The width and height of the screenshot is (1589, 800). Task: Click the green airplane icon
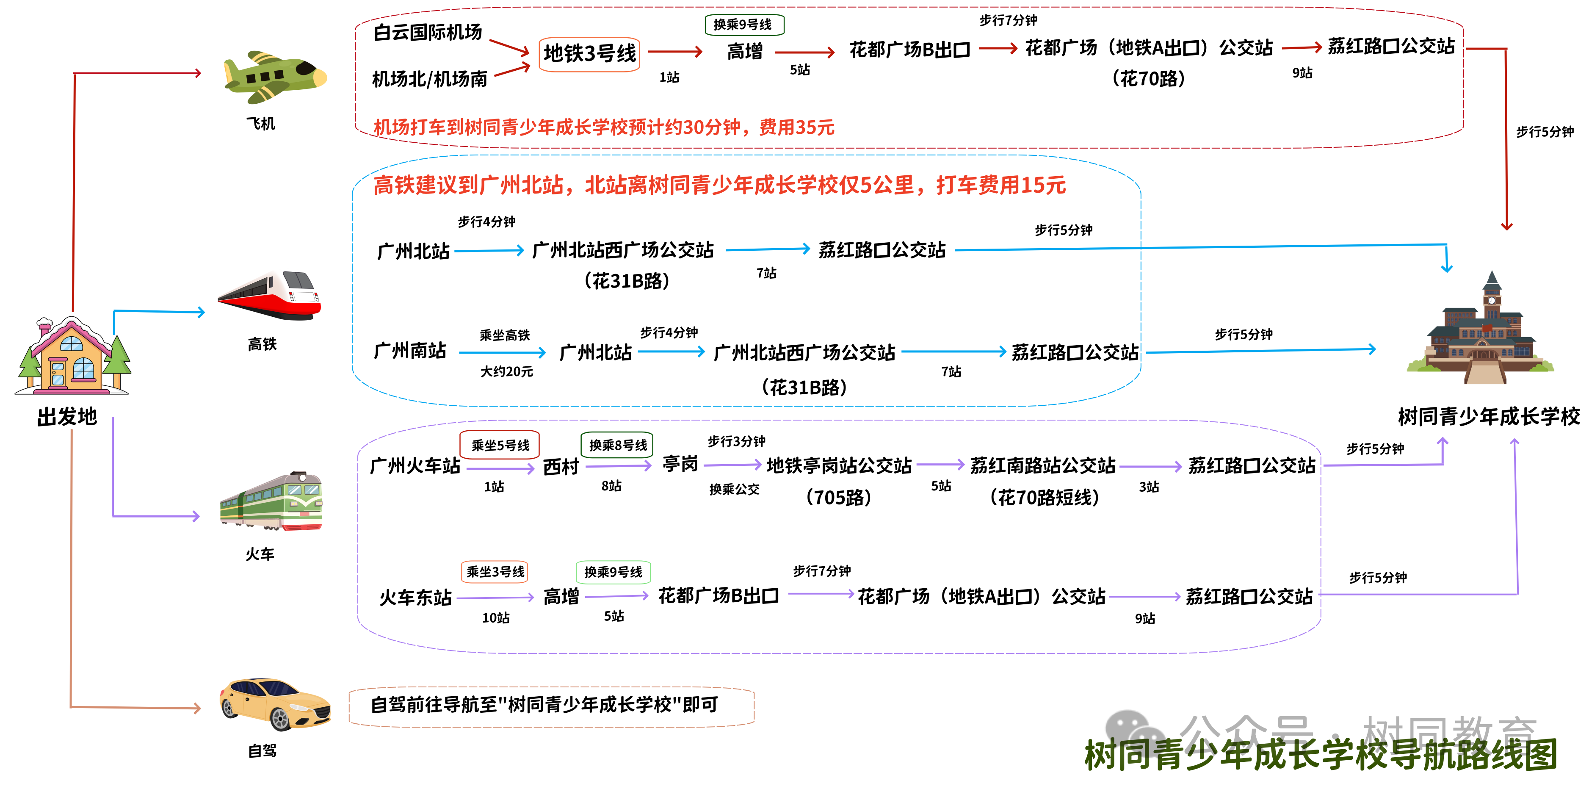coord(274,77)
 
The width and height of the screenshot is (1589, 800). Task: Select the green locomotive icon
coord(271,501)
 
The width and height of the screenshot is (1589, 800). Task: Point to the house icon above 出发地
coord(73,357)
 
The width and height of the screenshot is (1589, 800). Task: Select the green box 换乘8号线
coord(617,445)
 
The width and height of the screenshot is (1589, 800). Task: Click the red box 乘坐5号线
coord(500,445)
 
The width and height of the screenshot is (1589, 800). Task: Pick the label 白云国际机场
coord(428,32)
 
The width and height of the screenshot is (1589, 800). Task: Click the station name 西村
coord(561,467)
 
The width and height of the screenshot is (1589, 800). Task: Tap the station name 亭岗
coord(680,464)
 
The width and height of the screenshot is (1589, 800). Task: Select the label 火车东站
coord(416,597)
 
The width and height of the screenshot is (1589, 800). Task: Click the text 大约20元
coord(506,371)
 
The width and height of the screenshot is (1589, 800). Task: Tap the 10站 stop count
coord(495,617)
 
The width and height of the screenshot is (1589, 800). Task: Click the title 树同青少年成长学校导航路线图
coord(1320,755)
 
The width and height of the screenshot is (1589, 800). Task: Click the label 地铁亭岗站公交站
coord(839,466)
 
